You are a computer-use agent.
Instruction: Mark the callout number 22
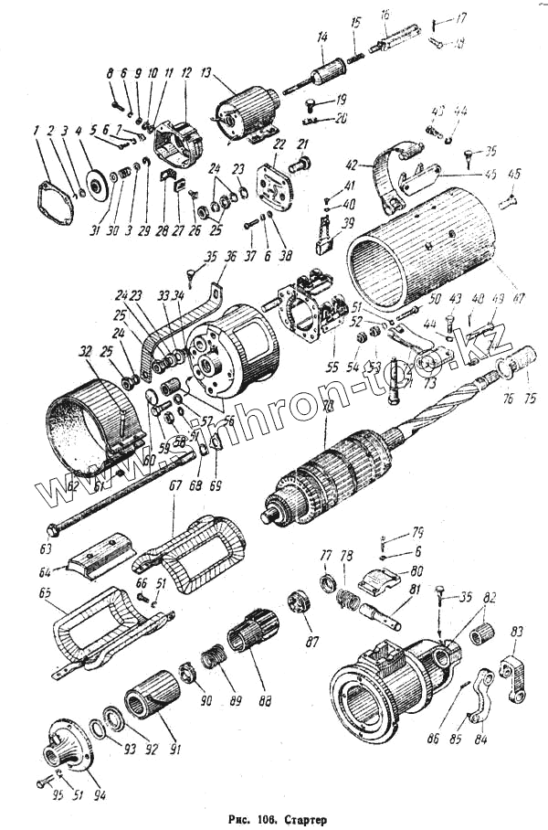click(279, 144)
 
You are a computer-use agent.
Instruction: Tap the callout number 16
click(385, 15)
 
